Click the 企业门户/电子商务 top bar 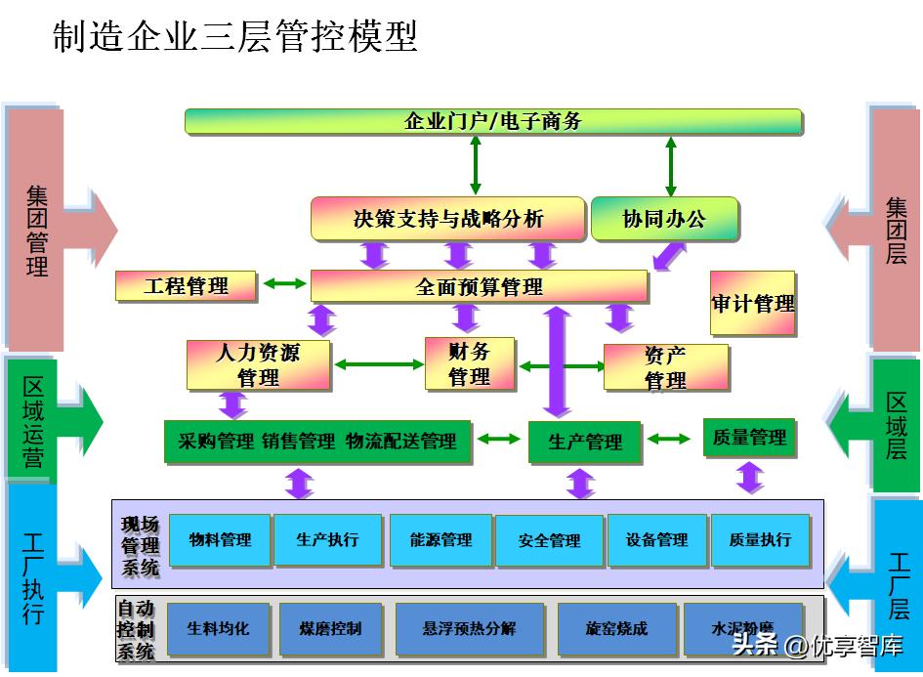pos(493,121)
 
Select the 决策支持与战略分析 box pos(448,219)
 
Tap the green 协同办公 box pos(664,219)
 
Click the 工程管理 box pos(186,286)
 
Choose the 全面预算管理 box pos(479,286)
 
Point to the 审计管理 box pos(752,304)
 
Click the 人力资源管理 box pos(258,364)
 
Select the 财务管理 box pos(469,363)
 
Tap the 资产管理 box pos(665,367)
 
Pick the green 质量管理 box pos(749,438)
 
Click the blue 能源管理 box pos(441,540)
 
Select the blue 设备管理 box pos(656,540)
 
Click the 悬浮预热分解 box pos(469,629)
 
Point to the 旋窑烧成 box pos(616,629)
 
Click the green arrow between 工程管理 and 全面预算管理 pos(283,284)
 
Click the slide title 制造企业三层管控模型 pos(234,36)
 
